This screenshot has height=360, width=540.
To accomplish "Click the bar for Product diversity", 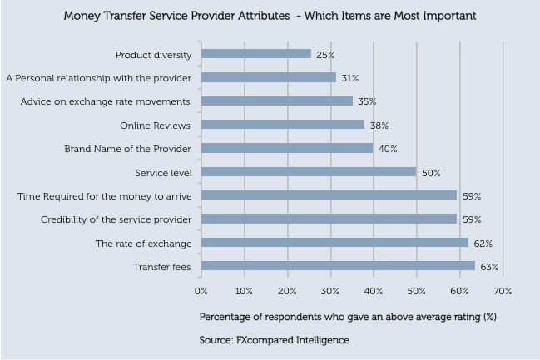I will pyautogui.click(x=256, y=54).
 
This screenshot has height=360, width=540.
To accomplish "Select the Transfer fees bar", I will pyautogui.click(x=338, y=267).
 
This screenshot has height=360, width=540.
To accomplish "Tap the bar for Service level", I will pyautogui.click(x=309, y=172).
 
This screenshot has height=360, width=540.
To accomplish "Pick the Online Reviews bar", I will pyautogui.click(x=283, y=125).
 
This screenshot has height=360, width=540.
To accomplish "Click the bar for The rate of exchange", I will pyautogui.click(x=334, y=244).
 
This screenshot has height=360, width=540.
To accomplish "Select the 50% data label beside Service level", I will pyautogui.click(x=430, y=172).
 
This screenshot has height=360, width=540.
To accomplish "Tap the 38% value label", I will pyautogui.click(x=379, y=125).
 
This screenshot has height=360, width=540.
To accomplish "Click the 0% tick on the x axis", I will pyautogui.click(x=201, y=292).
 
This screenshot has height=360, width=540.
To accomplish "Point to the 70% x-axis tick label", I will pyautogui.click(x=503, y=292).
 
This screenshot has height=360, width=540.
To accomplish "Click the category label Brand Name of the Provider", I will pyautogui.click(x=128, y=149).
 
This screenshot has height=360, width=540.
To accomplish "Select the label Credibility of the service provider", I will pyautogui.click(x=116, y=219).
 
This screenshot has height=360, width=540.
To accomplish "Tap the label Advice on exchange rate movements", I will pyautogui.click(x=106, y=101).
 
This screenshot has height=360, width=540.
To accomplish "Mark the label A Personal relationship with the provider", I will pyautogui.click(x=99, y=78).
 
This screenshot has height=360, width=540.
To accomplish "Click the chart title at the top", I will pyautogui.click(x=270, y=16).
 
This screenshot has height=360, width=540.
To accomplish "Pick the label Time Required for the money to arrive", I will pyautogui.click(x=105, y=196).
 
